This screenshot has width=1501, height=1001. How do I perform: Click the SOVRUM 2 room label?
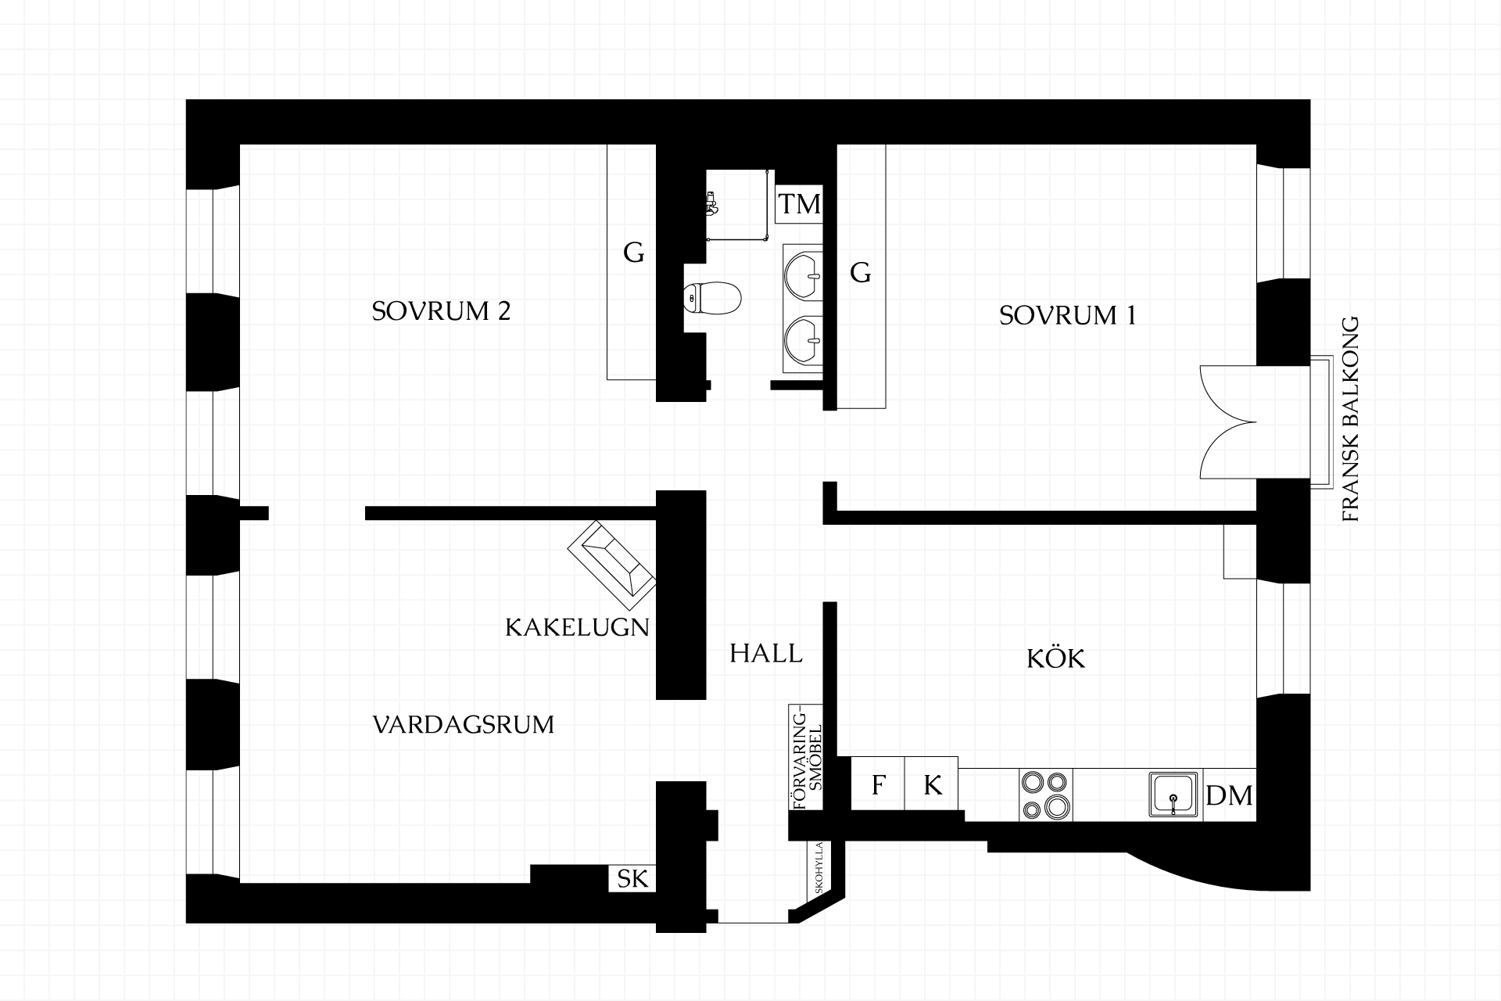click(x=441, y=311)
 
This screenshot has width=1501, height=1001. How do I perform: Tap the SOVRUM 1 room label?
click(x=1067, y=315)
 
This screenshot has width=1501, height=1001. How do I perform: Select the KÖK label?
click(x=1055, y=658)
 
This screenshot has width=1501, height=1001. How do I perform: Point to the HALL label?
click(x=766, y=653)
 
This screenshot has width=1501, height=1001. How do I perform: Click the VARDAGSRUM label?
click(x=464, y=725)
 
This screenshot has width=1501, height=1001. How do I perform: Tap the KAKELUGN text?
click(x=578, y=627)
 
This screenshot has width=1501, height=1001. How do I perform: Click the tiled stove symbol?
click(x=611, y=565)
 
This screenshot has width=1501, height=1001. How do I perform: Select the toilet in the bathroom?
click(x=711, y=297)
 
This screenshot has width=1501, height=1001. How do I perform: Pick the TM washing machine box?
click(x=799, y=204)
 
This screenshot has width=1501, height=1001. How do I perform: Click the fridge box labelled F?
click(x=878, y=784)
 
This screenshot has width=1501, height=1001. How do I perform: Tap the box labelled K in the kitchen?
click(x=931, y=784)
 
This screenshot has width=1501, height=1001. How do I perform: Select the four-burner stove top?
click(x=1046, y=795)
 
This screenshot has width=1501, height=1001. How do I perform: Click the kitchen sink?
click(x=1173, y=795)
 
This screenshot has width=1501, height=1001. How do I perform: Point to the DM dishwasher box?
click(x=1229, y=795)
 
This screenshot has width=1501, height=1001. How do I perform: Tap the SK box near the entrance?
click(x=632, y=879)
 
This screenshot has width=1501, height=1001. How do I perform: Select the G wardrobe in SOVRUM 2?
click(x=632, y=262)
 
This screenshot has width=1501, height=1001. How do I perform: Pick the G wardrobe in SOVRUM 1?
click(x=861, y=276)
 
